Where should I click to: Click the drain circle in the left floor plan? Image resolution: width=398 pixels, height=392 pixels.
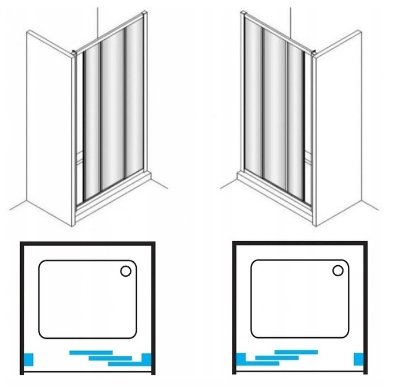coord(126,271)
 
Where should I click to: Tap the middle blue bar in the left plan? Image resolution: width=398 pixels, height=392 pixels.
coord(110,357)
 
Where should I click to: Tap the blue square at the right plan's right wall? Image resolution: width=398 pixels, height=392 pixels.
coord(359,359)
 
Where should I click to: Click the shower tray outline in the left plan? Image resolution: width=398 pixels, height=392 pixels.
coord(39,300)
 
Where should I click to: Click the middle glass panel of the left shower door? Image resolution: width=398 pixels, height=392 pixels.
coord(113,115)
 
